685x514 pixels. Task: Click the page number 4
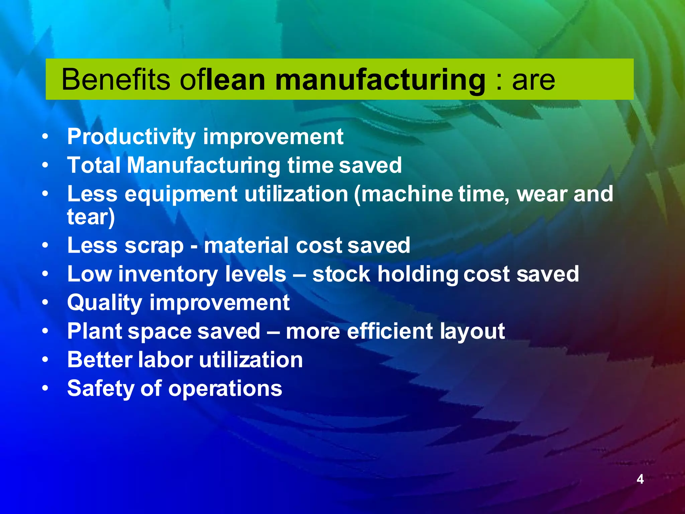tap(640, 479)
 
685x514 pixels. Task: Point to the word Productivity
tap(131, 137)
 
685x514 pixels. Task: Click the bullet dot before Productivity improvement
tap(45, 137)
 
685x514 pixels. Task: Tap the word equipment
tap(181, 194)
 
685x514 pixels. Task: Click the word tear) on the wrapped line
tap(91, 217)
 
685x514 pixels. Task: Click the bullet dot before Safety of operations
tap(45, 389)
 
